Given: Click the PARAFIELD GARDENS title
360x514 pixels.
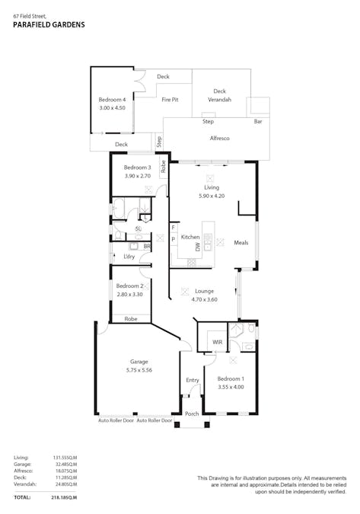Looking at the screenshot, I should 49,24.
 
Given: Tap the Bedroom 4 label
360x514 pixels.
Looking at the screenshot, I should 112,100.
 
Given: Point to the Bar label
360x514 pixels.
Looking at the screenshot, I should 258,122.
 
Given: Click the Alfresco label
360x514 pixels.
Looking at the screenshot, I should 221,138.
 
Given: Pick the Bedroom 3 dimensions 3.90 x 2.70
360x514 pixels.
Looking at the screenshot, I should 138,175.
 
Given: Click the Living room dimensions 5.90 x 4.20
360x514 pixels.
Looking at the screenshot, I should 211,196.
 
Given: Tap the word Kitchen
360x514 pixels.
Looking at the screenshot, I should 190,238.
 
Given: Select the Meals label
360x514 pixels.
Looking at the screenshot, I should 241,243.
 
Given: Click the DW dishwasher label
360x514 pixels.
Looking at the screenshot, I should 198,247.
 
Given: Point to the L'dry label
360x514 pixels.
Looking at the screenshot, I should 129,257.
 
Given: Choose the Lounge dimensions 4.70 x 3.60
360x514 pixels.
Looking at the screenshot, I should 203,299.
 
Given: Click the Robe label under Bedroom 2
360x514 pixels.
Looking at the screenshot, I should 131,319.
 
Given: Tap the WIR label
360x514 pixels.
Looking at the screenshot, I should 217,343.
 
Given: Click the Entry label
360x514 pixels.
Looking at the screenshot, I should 192,380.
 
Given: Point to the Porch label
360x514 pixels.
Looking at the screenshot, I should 192,414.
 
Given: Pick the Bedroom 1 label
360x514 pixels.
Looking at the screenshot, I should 231,378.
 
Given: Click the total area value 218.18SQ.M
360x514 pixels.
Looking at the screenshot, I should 65,497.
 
